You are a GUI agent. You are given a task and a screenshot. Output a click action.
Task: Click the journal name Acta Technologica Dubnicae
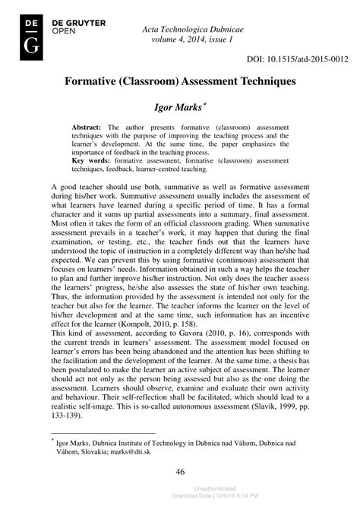[201, 28]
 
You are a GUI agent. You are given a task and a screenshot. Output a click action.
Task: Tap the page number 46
[180, 472]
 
